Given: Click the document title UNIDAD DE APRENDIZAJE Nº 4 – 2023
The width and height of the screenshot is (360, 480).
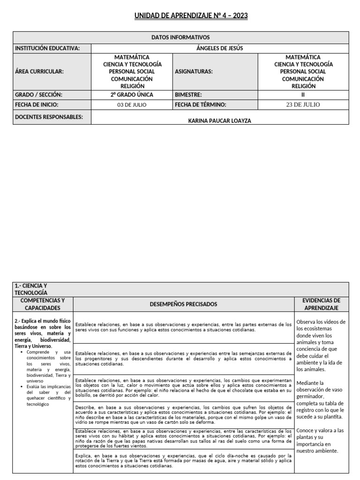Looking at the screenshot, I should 191,16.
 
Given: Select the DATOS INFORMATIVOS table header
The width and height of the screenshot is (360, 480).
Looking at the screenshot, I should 180,37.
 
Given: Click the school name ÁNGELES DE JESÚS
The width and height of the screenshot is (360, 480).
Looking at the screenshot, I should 219,48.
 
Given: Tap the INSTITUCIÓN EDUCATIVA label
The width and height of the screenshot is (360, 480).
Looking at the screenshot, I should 47,48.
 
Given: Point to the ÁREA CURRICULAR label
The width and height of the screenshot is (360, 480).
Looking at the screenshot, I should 39,72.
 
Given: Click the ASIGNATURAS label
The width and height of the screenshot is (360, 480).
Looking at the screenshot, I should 194,72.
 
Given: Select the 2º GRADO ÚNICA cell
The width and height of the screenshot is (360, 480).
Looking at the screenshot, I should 132,95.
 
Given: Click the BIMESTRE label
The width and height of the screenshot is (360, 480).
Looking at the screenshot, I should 188,95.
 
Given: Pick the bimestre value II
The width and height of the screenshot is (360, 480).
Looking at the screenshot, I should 303,95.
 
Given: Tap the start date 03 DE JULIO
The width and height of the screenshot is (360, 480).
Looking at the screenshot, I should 132,105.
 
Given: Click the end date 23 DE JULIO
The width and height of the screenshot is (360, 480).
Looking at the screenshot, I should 303,105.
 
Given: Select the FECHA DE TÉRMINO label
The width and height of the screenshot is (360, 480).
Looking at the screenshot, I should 201,105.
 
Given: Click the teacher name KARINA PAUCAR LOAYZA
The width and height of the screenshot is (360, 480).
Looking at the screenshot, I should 219,120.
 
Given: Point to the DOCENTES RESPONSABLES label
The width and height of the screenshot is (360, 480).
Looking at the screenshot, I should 49,117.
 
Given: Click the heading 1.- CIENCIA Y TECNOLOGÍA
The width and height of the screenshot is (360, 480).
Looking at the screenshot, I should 31,289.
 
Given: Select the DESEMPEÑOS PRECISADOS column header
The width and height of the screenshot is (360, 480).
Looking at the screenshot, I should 183,304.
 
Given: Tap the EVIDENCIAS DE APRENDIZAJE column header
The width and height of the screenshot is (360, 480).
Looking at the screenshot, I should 322,304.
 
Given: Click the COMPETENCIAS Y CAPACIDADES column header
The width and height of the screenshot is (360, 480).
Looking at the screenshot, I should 43,304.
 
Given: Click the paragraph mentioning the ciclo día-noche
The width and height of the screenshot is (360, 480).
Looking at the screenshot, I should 183,461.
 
